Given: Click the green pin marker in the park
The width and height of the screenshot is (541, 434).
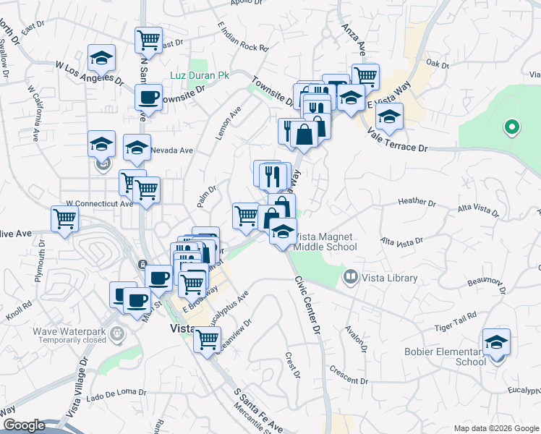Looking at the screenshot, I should click(512, 129).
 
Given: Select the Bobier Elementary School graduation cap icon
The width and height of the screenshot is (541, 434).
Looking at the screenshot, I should click(496, 342).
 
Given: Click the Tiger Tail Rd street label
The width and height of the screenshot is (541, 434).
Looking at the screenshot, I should click(456, 318).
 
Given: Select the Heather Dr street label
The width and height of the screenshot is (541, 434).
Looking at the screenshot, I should click(416, 203).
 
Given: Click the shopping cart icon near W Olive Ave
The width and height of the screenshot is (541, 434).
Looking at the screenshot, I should click(65, 218).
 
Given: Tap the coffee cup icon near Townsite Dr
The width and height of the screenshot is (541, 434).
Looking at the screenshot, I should click(149, 97).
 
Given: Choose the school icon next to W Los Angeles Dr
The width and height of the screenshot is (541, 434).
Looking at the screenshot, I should click(102, 58).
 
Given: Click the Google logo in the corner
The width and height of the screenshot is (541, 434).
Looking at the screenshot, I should click(23, 425).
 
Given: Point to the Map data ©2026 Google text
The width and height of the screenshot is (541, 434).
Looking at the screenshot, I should click(495, 428).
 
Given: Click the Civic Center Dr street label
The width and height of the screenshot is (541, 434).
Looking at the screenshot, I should click(307, 303).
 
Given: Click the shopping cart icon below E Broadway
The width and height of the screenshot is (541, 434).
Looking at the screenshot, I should click(208, 338).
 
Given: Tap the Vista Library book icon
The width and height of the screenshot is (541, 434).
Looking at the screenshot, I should click(351, 277).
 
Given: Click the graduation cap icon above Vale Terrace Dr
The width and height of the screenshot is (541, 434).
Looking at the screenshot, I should click(389, 116).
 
